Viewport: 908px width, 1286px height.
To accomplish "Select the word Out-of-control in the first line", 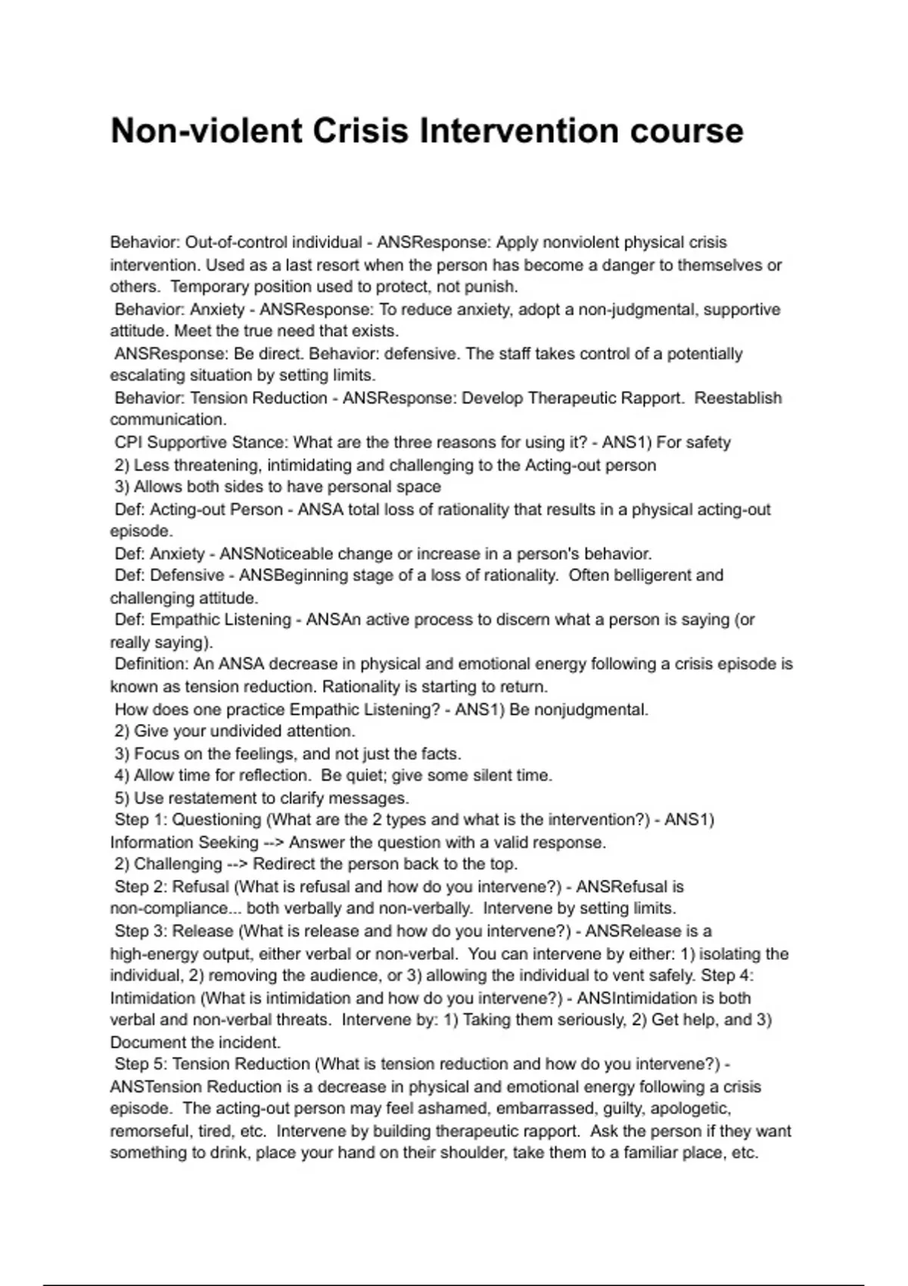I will pos(235,243).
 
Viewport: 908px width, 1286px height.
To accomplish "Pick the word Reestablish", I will pos(738,398).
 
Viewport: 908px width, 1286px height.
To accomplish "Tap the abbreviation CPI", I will pos(128,443).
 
